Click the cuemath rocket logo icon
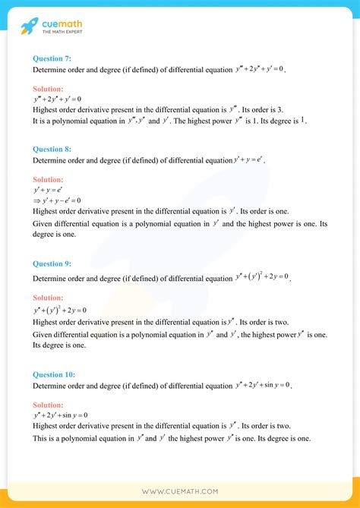pyautogui.click(x=30, y=27)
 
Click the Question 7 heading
pyautogui.click(x=53, y=58)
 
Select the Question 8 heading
pyautogui.click(x=53, y=150)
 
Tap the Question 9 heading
pyautogui.click(x=53, y=263)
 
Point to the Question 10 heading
pyautogui.click(x=55, y=374)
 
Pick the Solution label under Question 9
pyautogui.click(x=49, y=298)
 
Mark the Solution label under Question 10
pyautogui.click(x=49, y=405)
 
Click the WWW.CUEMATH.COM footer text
pyautogui.click(x=180, y=491)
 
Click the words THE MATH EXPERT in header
pyautogui.click(x=63, y=33)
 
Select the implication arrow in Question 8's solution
pyautogui.click(x=36, y=200)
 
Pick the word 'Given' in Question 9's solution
pyautogui.click(x=42, y=334)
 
